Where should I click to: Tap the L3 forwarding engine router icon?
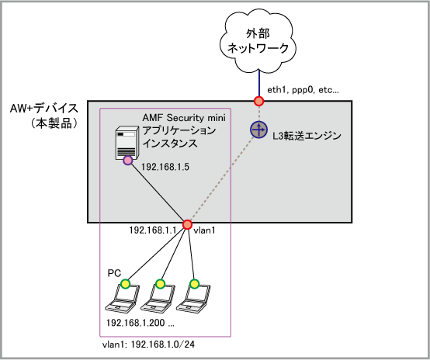pos(258,130)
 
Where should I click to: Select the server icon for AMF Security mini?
pos(127,144)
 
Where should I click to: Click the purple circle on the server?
pos(128,160)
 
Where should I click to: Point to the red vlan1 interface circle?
pos(187,224)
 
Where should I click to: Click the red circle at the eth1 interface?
pos(258,101)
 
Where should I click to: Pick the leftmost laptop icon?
pos(123,298)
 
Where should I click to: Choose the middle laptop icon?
pos(158,298)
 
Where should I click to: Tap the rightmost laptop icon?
pos(192,298)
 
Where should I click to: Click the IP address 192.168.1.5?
pos(165,167)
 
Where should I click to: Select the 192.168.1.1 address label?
pos(153,230)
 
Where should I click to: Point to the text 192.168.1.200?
pos(136,323)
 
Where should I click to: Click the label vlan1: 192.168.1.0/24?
pos(148,344)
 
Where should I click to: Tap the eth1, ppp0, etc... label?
pos(303,90)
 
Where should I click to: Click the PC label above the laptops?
pos(114,273)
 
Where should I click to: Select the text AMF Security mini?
pos(184,118)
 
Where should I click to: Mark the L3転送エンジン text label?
pos(307,136)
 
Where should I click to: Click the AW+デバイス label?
pos(44,109)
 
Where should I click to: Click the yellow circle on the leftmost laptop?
pos(125,284)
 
